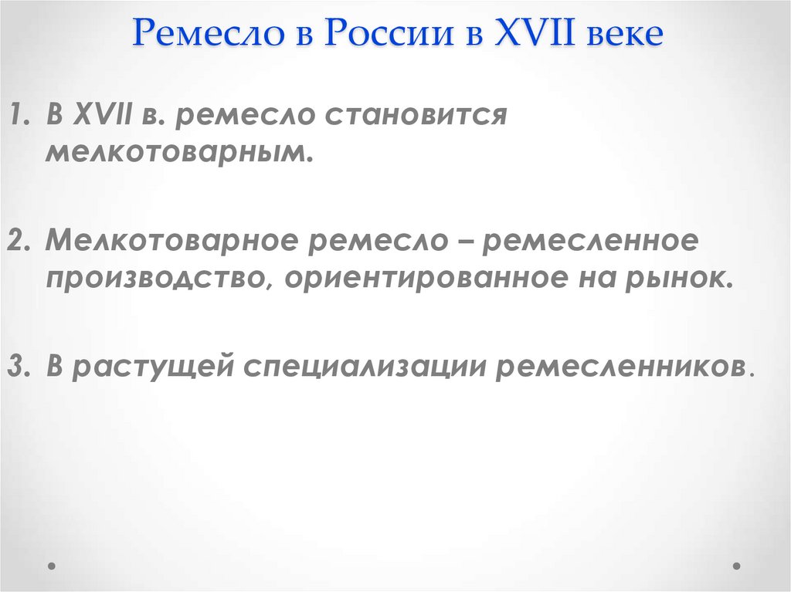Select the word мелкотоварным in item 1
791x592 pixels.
pos(178,152)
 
